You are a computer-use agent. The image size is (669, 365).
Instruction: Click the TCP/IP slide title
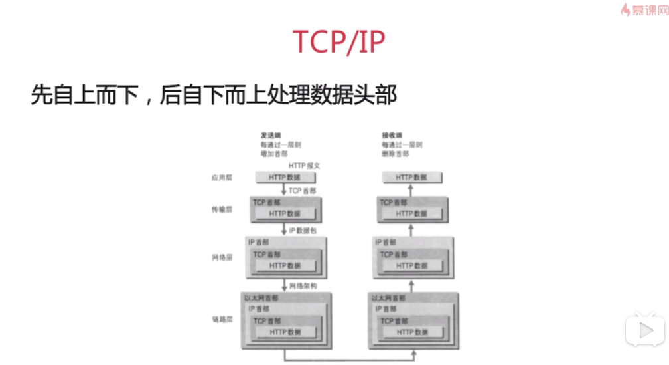tap(338, 42)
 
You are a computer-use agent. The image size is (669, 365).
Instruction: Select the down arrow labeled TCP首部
tap(285, 190)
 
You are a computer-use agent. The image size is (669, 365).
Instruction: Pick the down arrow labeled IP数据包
tap(285, 230)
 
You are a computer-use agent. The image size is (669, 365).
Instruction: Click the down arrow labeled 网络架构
tap(285, 286)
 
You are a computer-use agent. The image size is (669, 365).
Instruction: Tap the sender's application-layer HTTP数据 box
tap(285, 178)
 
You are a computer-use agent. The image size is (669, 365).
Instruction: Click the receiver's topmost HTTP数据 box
tap(412, 178)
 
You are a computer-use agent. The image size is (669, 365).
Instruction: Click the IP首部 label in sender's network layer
tap(259, 243)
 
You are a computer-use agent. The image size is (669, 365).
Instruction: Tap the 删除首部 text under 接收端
tap(395, 154)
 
